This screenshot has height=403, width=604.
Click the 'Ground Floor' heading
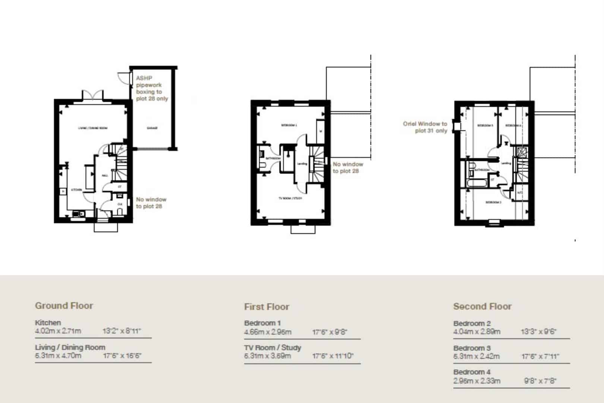(x=64, y=306)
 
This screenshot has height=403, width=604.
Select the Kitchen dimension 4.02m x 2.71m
(x=58, y=331)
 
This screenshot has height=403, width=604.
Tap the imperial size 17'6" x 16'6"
(x=122, y=356)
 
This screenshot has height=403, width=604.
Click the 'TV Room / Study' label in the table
(x=272, y=347)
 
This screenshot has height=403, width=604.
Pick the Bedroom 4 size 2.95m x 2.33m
(x=476, y=381)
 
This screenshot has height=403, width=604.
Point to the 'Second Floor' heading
(x=482, y=306)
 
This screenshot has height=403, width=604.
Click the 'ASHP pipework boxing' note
(x=151, y=88)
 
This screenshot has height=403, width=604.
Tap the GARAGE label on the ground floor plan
(x=152, y=128)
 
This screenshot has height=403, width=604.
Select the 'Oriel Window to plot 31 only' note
(x=425, y=127)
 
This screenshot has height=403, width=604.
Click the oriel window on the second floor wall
(x=456, y=126)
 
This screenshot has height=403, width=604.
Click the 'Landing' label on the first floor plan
(x=302, y=163)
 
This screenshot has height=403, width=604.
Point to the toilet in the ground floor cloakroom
(x=120, y=211)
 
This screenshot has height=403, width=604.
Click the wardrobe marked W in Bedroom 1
(x=320, y=131)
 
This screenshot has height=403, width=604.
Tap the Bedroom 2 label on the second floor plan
(x=493, y=202)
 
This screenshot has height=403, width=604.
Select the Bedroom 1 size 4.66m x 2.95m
(x=267, y=332)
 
